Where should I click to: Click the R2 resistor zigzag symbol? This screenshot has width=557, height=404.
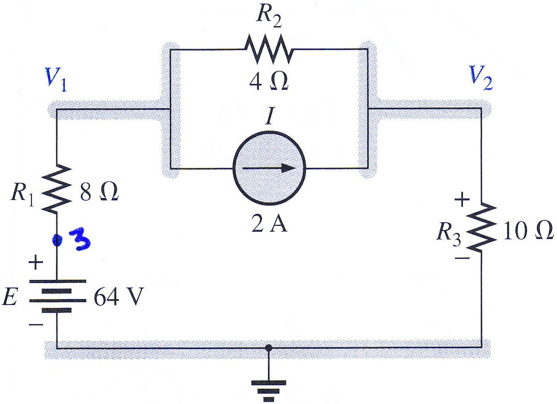coord(269,49)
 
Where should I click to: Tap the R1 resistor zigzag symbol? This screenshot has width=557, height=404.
coord(57,188)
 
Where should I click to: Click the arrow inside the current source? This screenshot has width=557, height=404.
coord(269,168)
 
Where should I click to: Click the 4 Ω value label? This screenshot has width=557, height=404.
coord(269,82)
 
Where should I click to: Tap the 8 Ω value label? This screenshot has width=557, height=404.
coord(99,192)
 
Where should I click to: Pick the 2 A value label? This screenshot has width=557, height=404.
coord(269,223)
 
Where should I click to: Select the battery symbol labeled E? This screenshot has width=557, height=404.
coord(58,296)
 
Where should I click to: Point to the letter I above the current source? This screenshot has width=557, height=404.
coord(270,116)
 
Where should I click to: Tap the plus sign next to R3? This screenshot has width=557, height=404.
coord(462,199)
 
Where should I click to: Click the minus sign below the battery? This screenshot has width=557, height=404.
coord(36,324)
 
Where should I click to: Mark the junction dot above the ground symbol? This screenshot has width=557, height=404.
coord(268,348)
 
